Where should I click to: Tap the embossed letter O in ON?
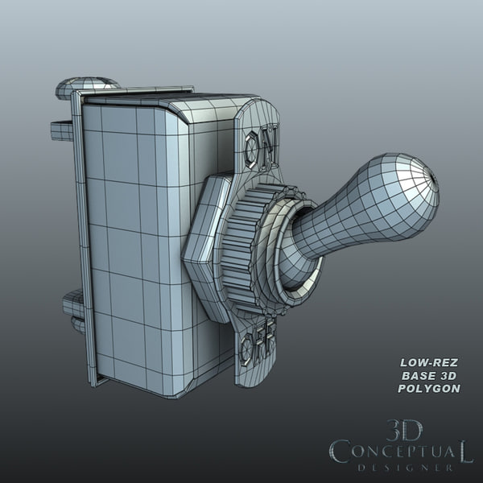click(252, 148)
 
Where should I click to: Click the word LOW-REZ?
click(429, 361)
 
